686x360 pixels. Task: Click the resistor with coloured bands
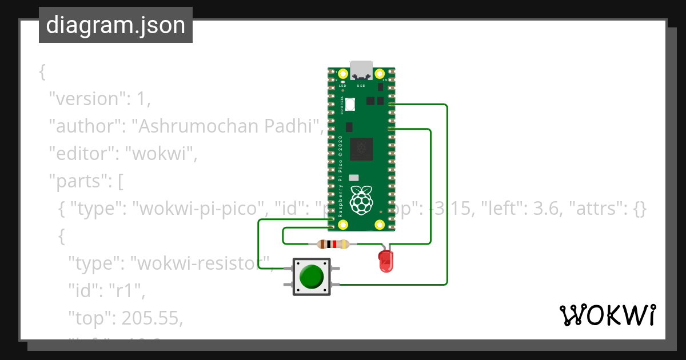333,245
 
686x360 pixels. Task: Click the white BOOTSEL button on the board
349,104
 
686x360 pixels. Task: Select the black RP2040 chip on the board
361,149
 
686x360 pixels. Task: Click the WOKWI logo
607,315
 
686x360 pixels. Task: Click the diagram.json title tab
115,25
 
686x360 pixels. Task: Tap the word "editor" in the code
81,154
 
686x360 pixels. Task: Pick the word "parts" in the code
77,181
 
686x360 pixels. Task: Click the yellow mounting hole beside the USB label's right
380,74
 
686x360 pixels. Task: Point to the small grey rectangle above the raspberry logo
353,178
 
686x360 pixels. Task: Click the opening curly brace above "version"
42,71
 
